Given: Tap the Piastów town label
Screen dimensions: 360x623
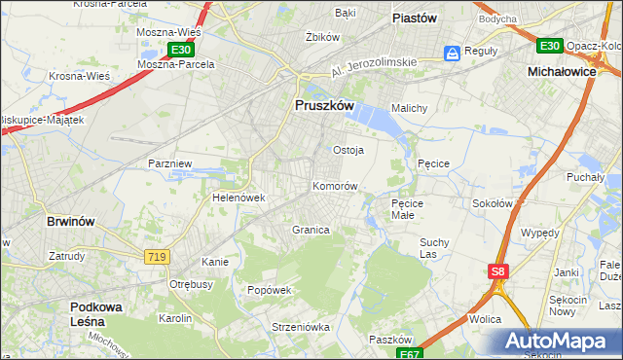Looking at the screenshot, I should [x=413, y=18].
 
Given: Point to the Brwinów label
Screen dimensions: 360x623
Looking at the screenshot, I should [x=71, y=221].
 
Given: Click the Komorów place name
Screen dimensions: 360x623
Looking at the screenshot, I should [x=335, y=185].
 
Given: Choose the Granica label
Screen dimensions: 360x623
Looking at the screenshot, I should [x=311, y=230].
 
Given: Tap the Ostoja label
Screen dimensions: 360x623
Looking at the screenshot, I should [x=348, y=150].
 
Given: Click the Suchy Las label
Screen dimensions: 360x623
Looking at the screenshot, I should [x=433, y=247].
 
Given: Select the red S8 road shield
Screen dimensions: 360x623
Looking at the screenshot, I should [x=498, y=272].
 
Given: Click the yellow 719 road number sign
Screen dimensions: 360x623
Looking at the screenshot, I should [x=156, y=256].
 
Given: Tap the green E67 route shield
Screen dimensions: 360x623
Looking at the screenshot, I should [x=410, y=353].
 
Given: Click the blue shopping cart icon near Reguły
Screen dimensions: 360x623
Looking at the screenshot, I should [x=453, y=53].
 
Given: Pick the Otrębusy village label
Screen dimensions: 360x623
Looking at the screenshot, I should [x=191, y=284].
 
